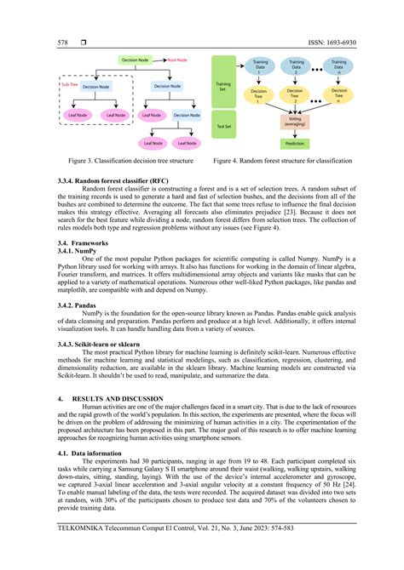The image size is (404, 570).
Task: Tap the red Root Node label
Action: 178,60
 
